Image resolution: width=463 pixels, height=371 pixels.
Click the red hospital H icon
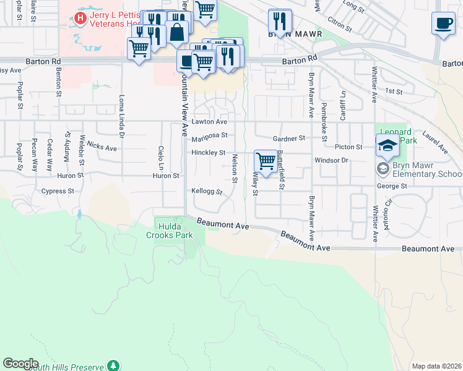80,19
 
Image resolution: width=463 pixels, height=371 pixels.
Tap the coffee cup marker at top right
443,24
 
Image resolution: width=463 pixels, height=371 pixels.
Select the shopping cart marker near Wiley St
266,161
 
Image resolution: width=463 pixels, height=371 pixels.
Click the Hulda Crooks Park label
170,231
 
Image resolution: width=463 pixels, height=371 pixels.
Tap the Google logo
20,364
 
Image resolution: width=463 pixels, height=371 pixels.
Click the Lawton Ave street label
205,122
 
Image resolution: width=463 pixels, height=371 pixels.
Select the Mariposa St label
209,135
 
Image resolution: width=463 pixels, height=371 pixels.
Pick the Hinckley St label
208,152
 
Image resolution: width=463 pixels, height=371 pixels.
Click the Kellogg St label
207,192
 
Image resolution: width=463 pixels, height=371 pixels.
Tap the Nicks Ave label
102,147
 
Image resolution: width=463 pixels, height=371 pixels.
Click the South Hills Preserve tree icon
113,365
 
